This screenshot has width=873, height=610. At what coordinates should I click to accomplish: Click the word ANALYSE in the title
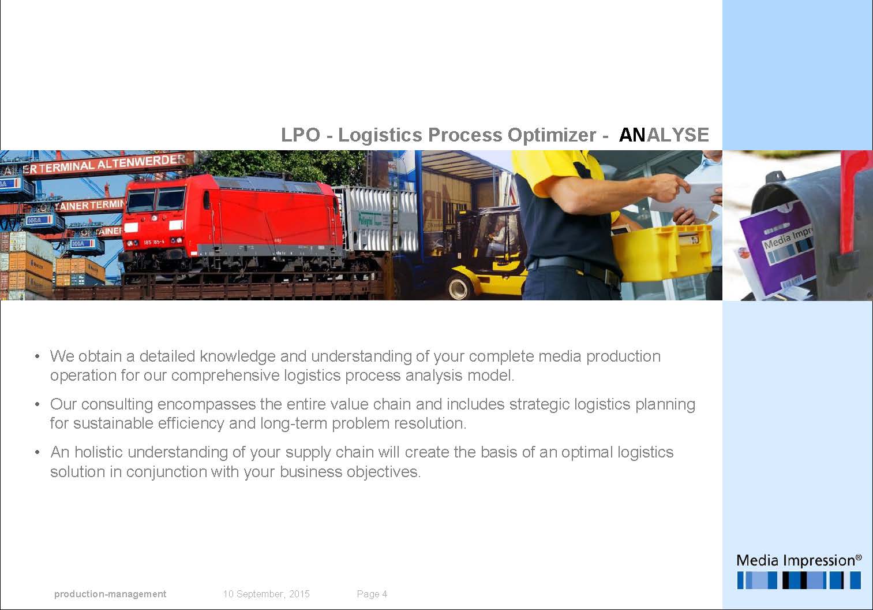click(x=664, y=135)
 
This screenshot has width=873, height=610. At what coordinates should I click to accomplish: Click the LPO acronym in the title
click(x=301, y=135)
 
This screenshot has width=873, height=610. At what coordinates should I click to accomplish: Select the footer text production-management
click(x=110, y=594)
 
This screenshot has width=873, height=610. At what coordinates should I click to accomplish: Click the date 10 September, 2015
click(x=266, y=594)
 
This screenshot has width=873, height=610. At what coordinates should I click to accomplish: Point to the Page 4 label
click(x=372, y=594)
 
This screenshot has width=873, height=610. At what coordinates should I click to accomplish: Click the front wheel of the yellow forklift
click(x=460, y=287)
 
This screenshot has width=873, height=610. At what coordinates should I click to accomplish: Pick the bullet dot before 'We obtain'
click(x=37, y=356)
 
